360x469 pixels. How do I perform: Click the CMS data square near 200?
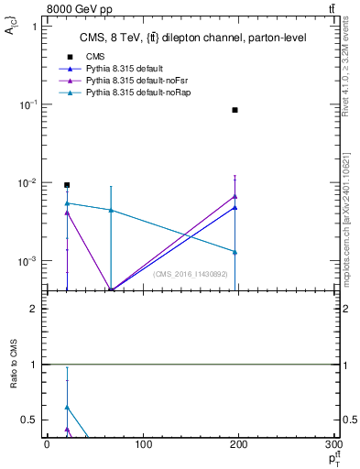tap(235, 110)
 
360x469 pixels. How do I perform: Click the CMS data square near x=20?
tap(67, 184)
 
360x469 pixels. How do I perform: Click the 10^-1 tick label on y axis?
tap(29, 104)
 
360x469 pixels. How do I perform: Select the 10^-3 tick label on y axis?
tap(29, 261)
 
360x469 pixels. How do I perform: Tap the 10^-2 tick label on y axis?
tap(29, 183)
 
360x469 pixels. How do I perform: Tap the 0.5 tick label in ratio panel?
tap(31, 420)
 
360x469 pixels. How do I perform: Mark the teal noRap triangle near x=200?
tap(235, 252)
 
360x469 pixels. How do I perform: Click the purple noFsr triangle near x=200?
tap(235, 196)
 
